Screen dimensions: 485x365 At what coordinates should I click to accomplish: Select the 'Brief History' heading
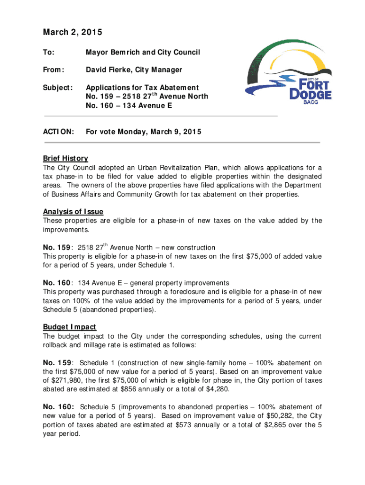[x=65, y=158]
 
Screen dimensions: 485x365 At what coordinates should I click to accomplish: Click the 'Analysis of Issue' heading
[x=73, y=211]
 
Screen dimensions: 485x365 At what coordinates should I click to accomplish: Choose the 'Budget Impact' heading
[x=69, y=327]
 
